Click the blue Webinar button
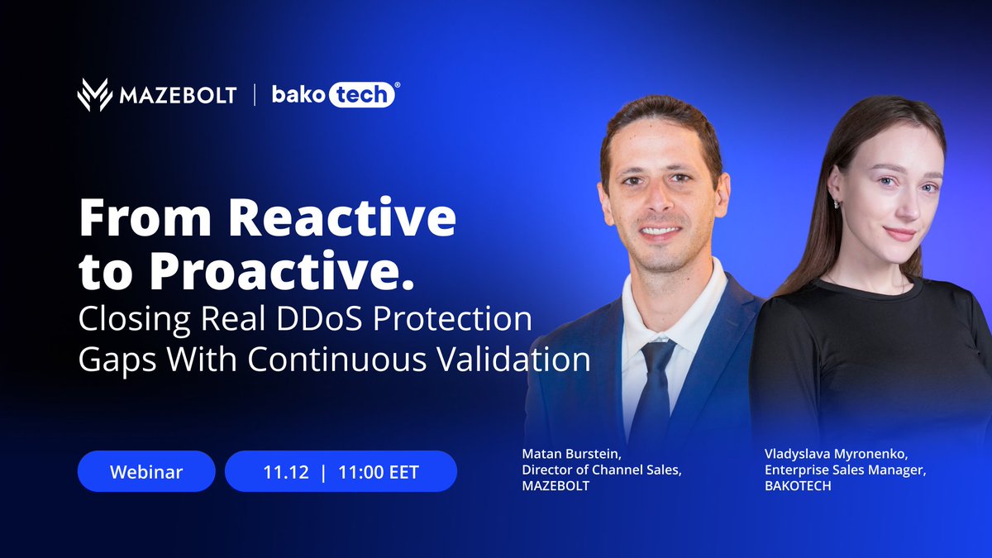pos(146,472)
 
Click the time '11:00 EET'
pos(379,472)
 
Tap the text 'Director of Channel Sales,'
pos(603,470)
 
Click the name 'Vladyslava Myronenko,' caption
pos(828,454)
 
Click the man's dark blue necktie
pos(654,389)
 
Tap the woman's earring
pos(836,203)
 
